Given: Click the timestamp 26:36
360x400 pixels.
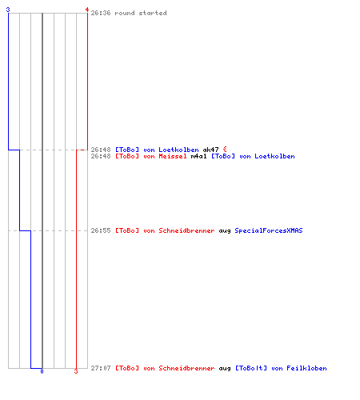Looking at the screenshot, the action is pyautogui.click(x=101, y=13).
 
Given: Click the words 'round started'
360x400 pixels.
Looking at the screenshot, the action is pyautogui.click(x=141, y=13).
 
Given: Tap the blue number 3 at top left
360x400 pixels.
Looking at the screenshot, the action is pyautogui.click(x=8, y=10).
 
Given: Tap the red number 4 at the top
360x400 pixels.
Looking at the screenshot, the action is pyautogui.click(x=87, y=10).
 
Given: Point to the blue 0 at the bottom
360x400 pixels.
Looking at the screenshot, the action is pyautogui.click(x=42, y=371).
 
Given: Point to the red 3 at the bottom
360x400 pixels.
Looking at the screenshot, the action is pyautogui.click(x=76, y=371).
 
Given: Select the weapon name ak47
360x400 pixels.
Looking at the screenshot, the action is pyautogui.click(x=210, y=150).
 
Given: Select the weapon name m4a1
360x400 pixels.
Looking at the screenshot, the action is pyautogui.click(x=198, y=156).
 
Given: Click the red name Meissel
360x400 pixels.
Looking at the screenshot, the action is pyautogui.click(x=173, y=156).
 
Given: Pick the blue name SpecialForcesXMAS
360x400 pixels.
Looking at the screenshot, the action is pyautogui.click(x=269, y=230).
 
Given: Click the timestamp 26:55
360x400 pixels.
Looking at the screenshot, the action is pyautogui.click(x=101, y=230).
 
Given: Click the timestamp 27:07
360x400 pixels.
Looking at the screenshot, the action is pyautogui.click(x=101, y=368).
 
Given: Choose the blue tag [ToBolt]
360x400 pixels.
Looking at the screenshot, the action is pyautogui.click(x=250, y=368).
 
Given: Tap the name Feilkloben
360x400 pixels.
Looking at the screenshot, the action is pyautogui.click(x=306, y=368).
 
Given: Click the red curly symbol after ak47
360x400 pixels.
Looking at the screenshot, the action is pyautogui.click(x=225, y=150).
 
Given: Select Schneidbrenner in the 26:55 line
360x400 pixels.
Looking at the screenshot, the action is pyautogui.click(x=186, y=230).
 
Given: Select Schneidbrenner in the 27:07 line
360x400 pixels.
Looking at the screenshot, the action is pyautogui.click(x=186, y=368).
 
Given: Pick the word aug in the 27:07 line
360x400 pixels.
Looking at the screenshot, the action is pyautogui.click(x=225, y=369).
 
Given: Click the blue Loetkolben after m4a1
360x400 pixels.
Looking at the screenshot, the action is pyautogui.click(x=274, y=156).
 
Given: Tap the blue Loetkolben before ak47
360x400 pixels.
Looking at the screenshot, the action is pyautogui.click(x=178, y=150).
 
